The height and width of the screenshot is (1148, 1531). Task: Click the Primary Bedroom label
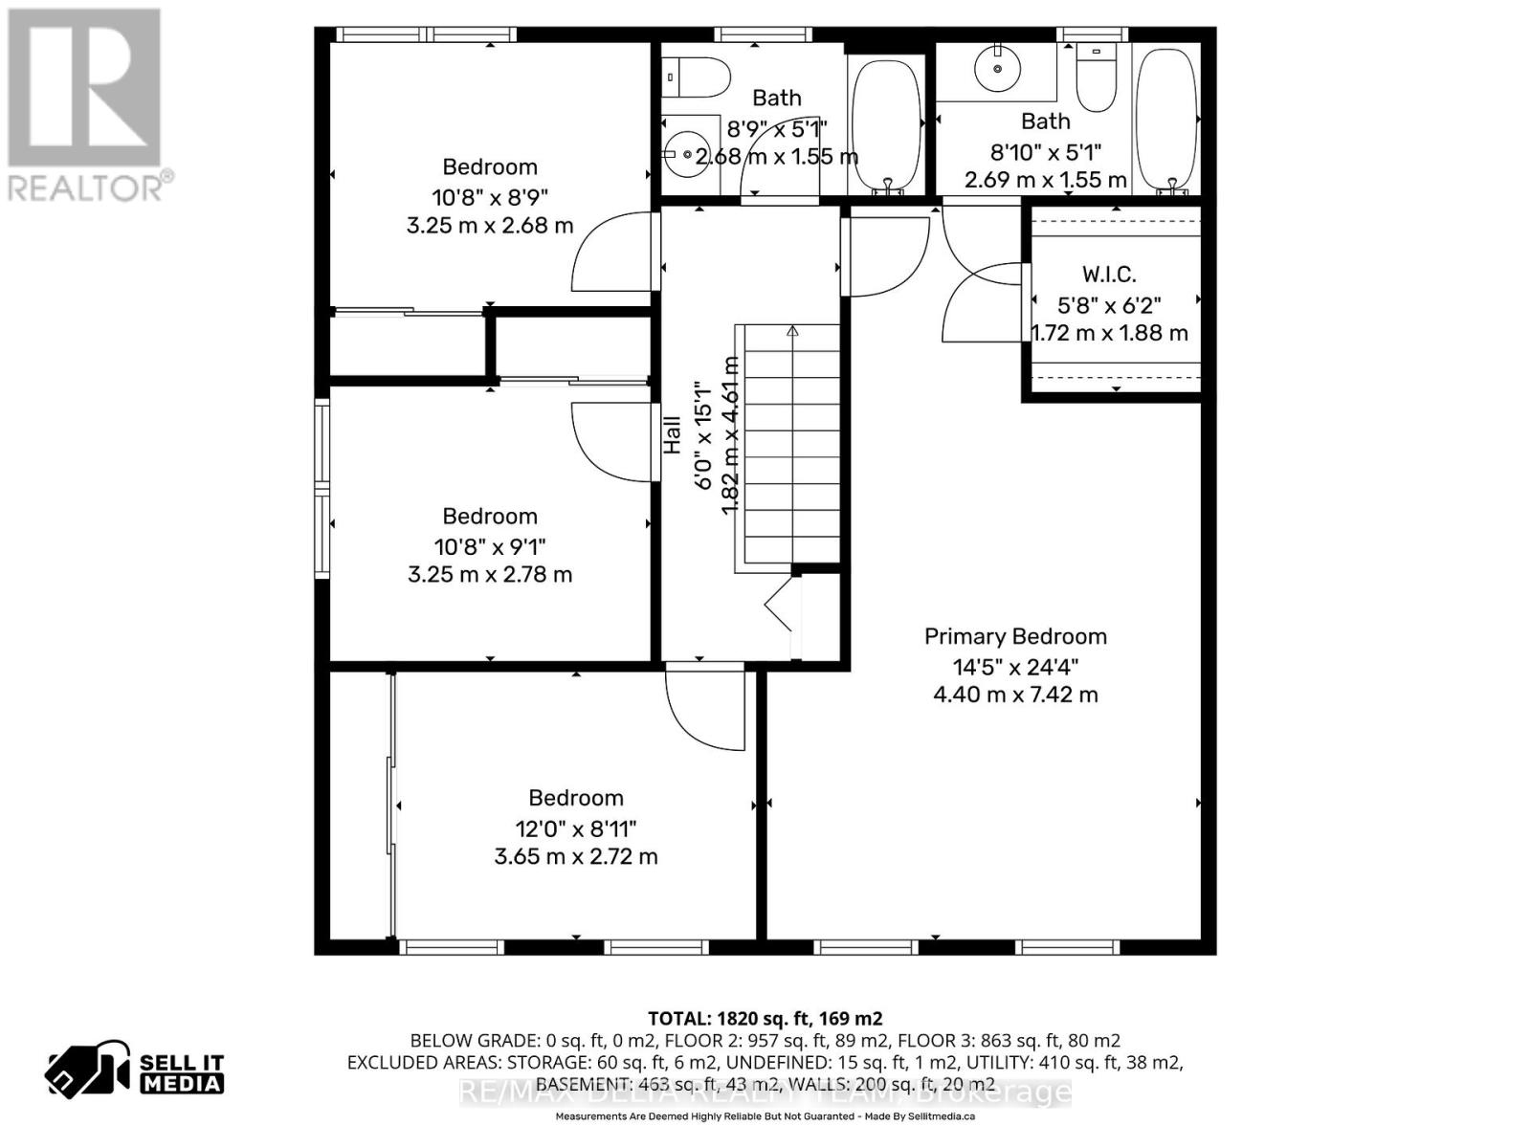1015,636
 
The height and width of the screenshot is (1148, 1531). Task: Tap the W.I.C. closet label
1110,275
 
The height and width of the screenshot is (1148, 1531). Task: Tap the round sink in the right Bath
997,67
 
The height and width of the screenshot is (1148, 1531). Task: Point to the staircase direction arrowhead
792,332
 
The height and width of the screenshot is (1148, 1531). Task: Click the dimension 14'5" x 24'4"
1015,667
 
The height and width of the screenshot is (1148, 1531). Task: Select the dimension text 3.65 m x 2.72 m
576,856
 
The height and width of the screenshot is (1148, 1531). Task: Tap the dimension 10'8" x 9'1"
490,547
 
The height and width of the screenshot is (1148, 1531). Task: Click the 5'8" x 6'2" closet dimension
1110,305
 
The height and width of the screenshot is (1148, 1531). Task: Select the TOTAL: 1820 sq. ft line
765,1019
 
